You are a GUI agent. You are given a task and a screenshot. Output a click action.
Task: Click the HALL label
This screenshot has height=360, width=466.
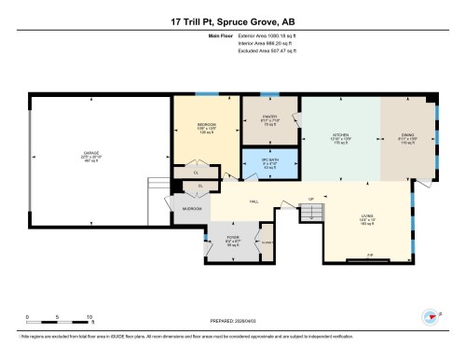point(253,201)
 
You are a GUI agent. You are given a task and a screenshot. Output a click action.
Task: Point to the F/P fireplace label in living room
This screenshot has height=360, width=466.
point(369,255)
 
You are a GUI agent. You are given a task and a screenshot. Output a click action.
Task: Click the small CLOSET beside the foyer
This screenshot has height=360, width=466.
point(267,241)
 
